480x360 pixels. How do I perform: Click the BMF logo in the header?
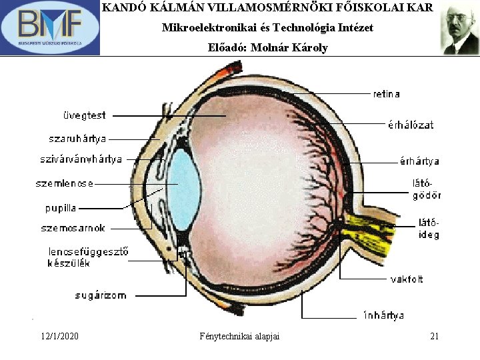[x=50, y=27]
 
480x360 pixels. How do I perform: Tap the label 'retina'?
[x=387, y=94]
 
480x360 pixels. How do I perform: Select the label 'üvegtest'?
[x=84, y=115]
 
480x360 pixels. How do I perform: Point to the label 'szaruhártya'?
[x=77, y=139]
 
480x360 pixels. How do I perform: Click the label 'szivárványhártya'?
[x=81, y=159]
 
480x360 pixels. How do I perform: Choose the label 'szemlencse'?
[x=65, y=183]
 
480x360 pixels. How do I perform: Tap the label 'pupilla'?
[x=61, y=207]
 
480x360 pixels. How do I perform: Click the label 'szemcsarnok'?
[x=73, y=228]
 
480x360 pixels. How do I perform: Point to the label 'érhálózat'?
[x=411, y=124]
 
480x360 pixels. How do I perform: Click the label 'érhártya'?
[x=419, y=161]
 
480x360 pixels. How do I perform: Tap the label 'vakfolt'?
[x=406, y=279]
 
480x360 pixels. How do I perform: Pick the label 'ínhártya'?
[x=383, y=315]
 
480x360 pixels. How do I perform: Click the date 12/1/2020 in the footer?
[x=59, y=336]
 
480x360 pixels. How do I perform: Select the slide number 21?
[x=434, y=336]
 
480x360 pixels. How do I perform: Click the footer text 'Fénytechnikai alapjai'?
[x=239, y=336]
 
